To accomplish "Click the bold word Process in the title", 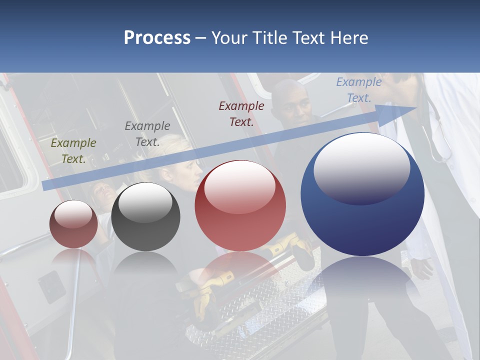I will [157, 38].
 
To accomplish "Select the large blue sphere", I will [362, 225].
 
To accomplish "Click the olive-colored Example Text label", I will [73, 151].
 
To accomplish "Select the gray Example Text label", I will [147, 134].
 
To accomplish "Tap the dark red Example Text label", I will [241, 113].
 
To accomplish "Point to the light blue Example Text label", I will [359, 90].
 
